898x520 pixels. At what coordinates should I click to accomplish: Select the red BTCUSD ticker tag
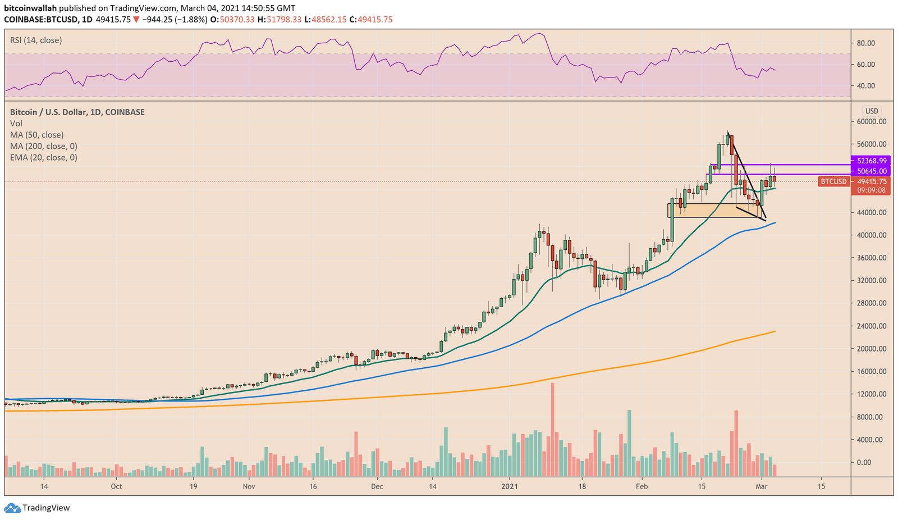833,181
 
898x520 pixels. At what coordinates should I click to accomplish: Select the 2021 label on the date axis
509,486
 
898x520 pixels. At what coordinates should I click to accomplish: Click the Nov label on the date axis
249,486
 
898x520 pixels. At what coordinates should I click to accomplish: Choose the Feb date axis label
642,486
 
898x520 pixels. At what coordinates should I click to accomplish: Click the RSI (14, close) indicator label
36,40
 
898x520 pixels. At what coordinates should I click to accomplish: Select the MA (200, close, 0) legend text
43,146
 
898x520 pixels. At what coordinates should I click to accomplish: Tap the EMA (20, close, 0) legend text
43,157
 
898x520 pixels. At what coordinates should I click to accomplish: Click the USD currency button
872,111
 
